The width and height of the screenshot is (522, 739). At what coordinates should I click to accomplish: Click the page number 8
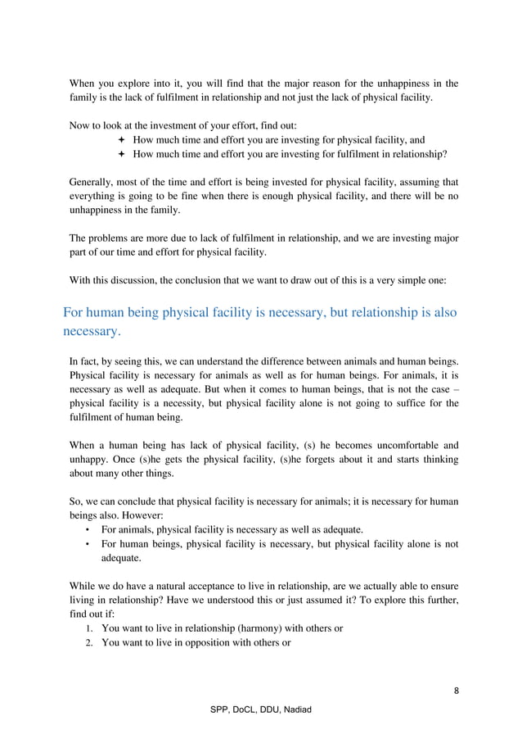(456, 690)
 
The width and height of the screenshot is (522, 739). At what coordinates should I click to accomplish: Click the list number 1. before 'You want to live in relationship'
(92, 628)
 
